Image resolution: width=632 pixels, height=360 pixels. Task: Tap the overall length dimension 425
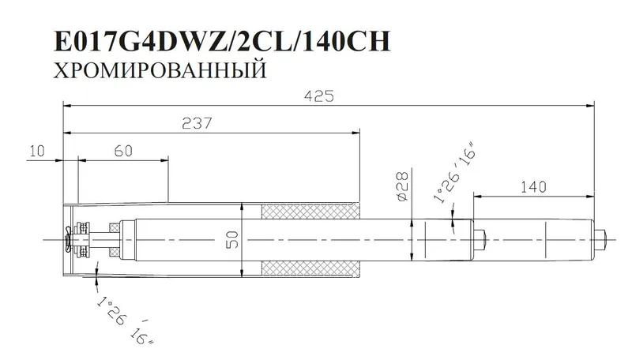click(x=325, y=96)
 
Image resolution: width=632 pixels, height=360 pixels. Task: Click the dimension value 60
click(x=122, y=152)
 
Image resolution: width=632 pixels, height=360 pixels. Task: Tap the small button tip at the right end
click(x=601, y=238)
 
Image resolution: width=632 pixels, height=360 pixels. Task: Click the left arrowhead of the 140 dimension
click(x=476, y=194)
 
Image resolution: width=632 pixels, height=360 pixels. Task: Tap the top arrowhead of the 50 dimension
click(x=243, y=206)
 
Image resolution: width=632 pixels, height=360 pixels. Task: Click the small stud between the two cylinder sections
click(x=481, y=238)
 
